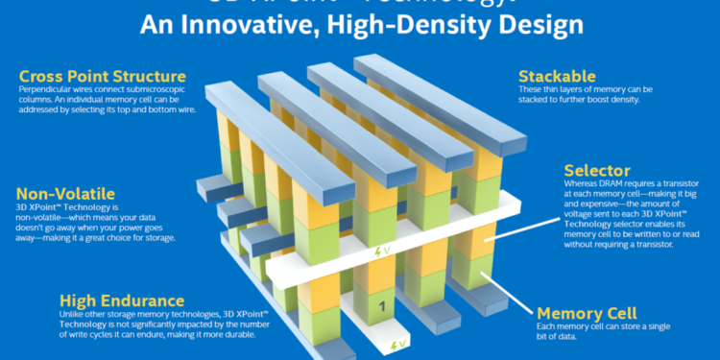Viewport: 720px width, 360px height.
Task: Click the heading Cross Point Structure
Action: pyautogui.click(x=101, y=75)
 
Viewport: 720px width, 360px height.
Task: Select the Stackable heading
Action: pyautogui.click(x=556, y=75)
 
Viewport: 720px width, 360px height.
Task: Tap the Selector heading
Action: pyautogui.click(x=597, y=171)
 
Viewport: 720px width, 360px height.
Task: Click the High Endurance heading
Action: pyautogui.click(x=122, y=300)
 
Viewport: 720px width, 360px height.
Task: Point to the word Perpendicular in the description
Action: pyautogui.click(x=45, y=89)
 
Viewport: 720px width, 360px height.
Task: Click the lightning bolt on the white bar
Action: pyautogui.click(x=377, y=252)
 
